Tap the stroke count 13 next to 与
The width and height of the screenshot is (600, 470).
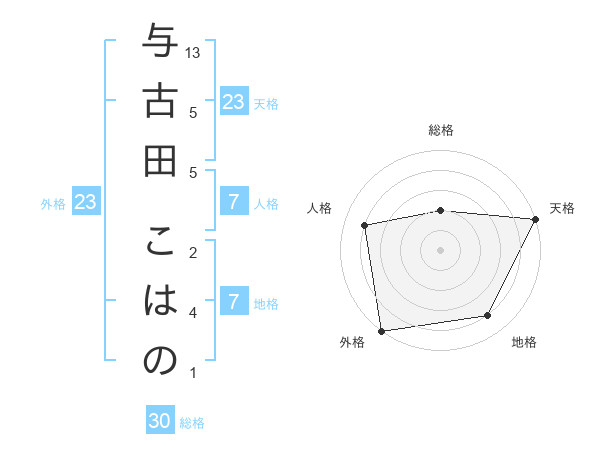(194, 52)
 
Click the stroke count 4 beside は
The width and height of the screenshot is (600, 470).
(193, 312)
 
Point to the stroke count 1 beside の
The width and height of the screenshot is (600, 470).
(193, 373)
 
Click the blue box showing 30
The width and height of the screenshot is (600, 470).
(160, 421)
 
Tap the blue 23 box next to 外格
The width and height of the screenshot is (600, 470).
(86, 202)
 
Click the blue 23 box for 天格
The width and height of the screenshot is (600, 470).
(233, 101)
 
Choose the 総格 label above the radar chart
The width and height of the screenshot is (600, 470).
(441, 130)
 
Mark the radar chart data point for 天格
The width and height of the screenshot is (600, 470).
(535, 219)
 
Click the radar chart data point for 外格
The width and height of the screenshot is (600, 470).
(381, 330)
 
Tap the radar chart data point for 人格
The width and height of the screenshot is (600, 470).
(365, 224)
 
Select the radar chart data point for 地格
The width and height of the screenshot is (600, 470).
(488, 316)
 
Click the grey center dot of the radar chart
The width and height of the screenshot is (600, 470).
(440, 249)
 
